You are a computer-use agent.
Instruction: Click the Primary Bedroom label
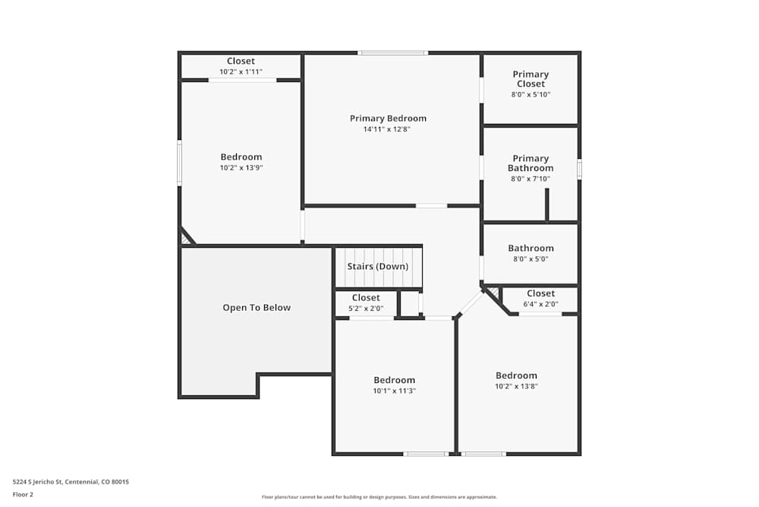point(388,119)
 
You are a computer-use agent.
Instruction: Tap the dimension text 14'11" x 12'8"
point(388,129)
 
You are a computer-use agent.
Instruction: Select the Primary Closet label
point(531,79)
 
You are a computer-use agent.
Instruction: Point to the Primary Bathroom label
point(531,163)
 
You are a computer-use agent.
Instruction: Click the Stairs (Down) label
point(378,267)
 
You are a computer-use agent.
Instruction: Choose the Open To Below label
point(257,308)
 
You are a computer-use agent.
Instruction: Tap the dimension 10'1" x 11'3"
point(394,391)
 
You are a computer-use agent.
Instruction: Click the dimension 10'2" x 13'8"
point(516,386)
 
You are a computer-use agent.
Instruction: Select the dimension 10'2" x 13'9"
point(241,168)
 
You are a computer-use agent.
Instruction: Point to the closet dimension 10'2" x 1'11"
point(241,71)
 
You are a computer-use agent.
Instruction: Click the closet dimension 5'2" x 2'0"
point(366,309)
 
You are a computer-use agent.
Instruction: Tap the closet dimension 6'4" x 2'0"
point(540,304)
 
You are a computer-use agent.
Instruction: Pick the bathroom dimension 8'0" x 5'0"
point(531,259)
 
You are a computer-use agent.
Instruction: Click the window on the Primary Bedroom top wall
point(393,52)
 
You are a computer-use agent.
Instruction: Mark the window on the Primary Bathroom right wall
point(579,169)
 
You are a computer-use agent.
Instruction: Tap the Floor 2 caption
point(23,494)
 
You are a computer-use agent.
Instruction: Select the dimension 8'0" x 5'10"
point(531,95)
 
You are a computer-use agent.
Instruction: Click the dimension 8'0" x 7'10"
point(531,179)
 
